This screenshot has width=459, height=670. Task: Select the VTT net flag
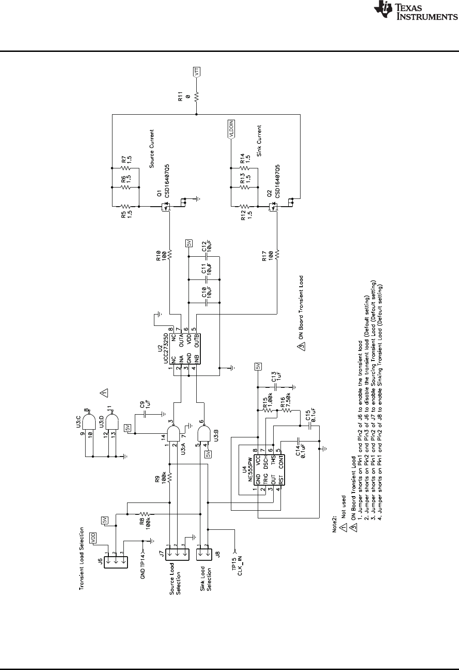click(x=197, y=73)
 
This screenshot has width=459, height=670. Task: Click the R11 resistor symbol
click(x=197, y=97)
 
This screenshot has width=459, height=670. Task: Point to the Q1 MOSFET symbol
click(x=166, y=207)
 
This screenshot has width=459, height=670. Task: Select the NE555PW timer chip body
click(x=269, y=468)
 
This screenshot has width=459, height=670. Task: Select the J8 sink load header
click(x=204, y=554)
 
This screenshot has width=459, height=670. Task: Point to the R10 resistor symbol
click(x=169, y=254)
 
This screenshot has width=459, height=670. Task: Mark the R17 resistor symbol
click(x=276, y=254)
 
